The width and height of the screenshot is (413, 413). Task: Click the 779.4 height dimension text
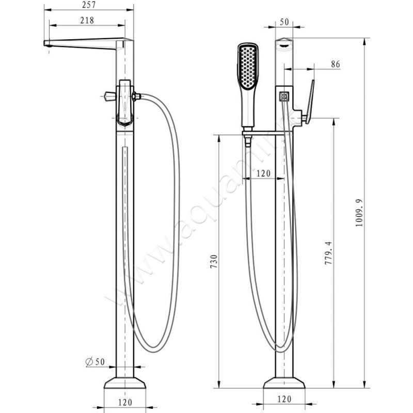click(x=328, y=253)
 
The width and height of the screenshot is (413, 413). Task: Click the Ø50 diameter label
click(x=95, y=362)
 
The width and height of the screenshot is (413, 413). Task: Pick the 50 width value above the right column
click(x=283, y=22)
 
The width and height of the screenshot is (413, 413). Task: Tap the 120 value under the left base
click(x=124, y=401)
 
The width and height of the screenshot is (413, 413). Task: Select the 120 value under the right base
click(x=284, y=399)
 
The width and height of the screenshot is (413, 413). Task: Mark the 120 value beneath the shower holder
click(x=263, y=174)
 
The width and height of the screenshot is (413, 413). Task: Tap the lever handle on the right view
click(x=308, y=102)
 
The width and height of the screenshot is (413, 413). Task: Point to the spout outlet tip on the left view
click(x=47, y=47)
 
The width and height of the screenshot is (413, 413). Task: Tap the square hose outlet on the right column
click(x=283, y=96)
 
